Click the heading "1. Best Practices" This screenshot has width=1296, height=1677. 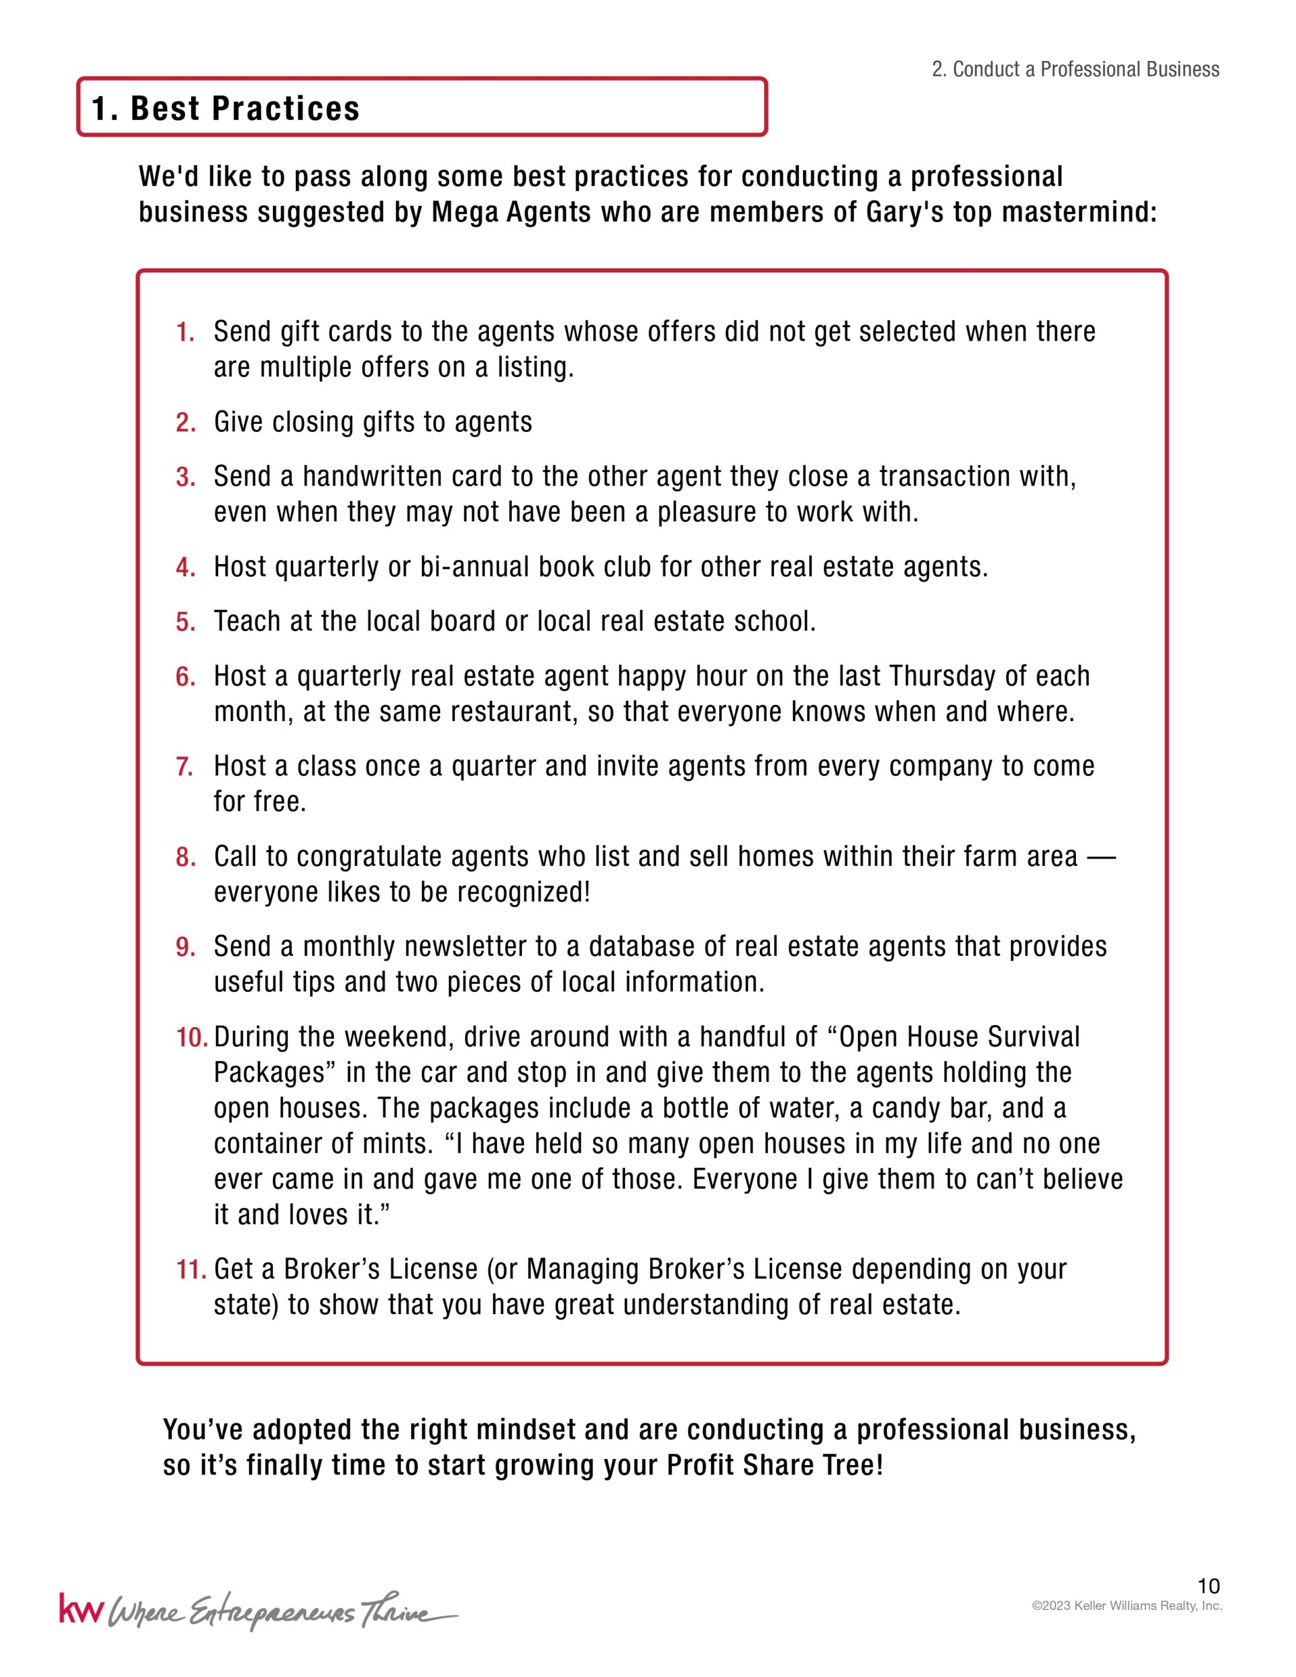(225, 108)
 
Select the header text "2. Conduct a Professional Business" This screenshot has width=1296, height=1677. (1075, 70)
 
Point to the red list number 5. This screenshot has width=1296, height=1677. (185, 622)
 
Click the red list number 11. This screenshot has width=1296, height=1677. (191, 1270)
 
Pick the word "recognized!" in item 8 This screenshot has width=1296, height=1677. (524, 892)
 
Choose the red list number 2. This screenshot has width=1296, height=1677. (185, 423)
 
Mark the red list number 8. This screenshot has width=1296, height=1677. (185, 857)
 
